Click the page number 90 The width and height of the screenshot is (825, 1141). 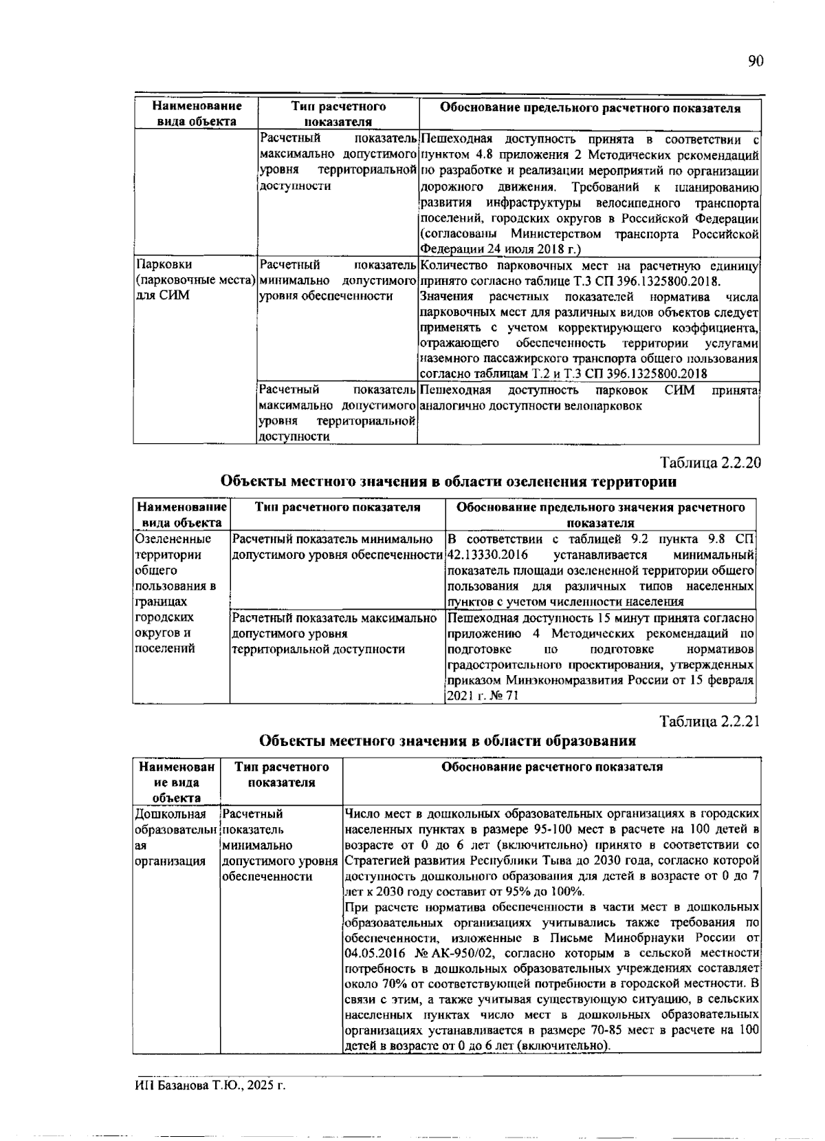pos(755,62)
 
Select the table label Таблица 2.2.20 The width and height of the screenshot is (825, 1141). pos(710,463)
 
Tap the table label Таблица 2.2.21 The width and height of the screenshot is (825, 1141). pos(710,722)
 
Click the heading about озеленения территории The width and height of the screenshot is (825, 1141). pos(448,482)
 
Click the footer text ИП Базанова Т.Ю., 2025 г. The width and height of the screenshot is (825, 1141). pos(210,1086)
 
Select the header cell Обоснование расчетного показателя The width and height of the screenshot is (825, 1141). pos(551,767)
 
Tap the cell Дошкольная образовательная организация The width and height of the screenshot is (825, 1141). pos(175,838)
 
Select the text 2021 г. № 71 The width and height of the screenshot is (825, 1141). pos(482,696)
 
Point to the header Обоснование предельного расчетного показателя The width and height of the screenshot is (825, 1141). pos(590,108)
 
